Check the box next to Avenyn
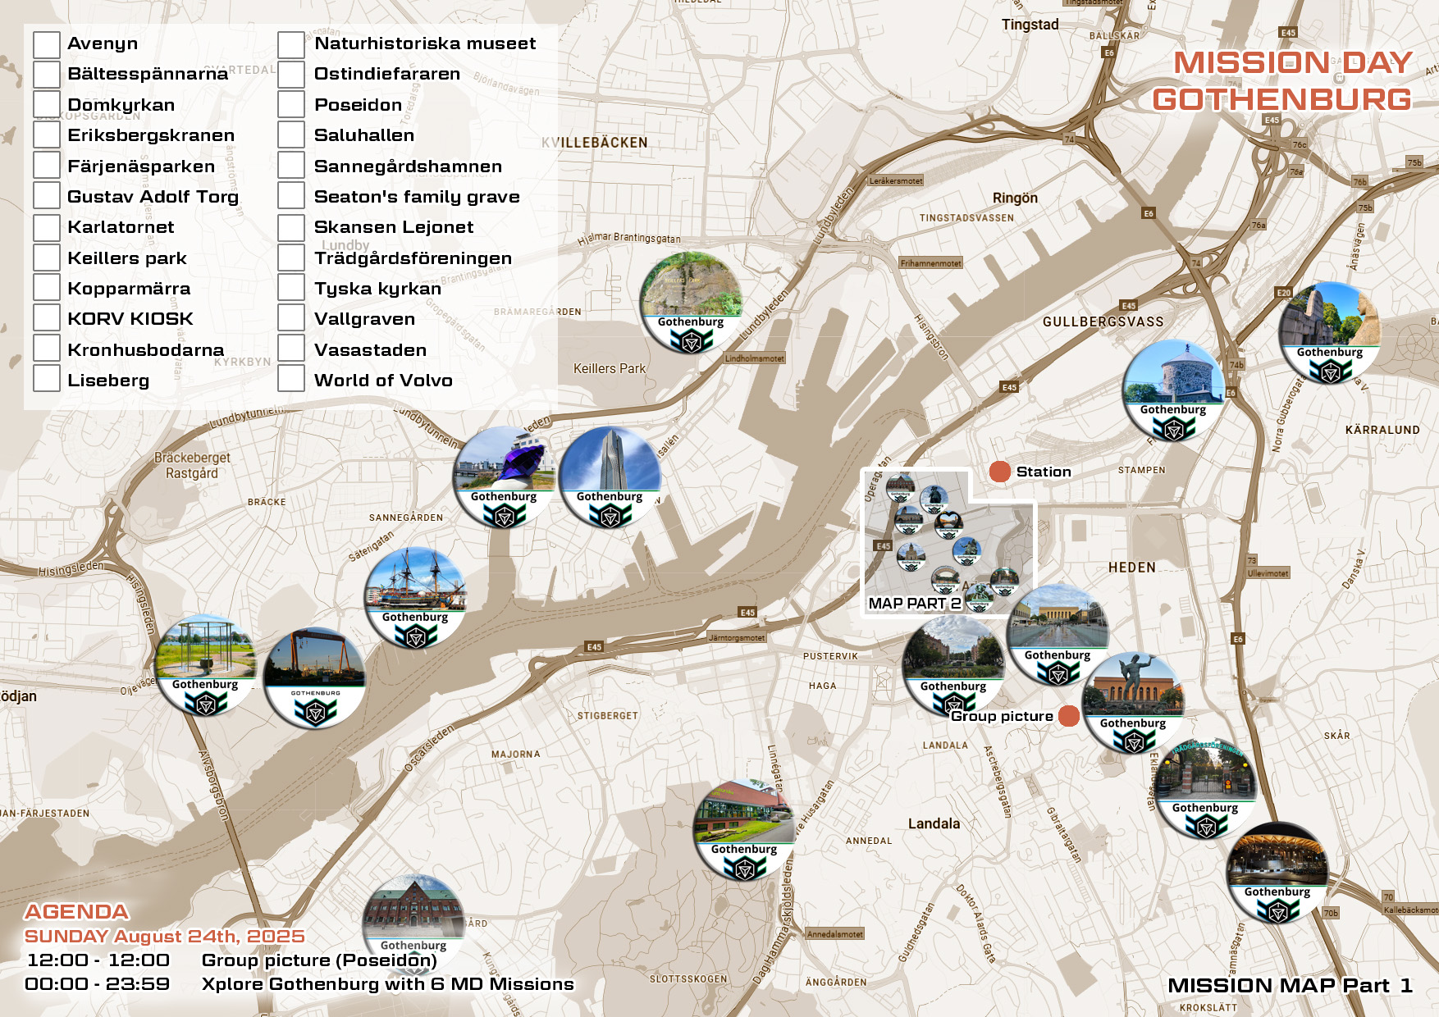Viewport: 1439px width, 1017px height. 47,44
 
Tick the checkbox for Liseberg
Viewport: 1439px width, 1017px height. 47,379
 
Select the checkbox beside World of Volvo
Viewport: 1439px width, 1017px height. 291,379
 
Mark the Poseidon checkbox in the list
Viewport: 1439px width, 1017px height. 291,105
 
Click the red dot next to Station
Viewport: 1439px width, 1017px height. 999,472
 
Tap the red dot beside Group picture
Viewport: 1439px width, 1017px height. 1068,716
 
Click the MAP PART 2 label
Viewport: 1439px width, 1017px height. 914,604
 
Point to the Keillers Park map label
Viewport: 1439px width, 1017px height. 609,369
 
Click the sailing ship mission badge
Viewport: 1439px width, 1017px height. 416,597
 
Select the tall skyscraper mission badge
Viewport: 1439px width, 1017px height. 610,477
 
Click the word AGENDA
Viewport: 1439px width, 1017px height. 76,912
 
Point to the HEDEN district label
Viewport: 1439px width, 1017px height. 1131,568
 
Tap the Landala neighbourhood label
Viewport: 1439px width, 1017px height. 934,823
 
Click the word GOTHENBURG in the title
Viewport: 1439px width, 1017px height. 1281,100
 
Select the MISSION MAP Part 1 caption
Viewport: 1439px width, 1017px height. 1289,986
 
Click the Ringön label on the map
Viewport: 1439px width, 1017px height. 1015,198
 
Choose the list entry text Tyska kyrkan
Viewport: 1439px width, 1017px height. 377,289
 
